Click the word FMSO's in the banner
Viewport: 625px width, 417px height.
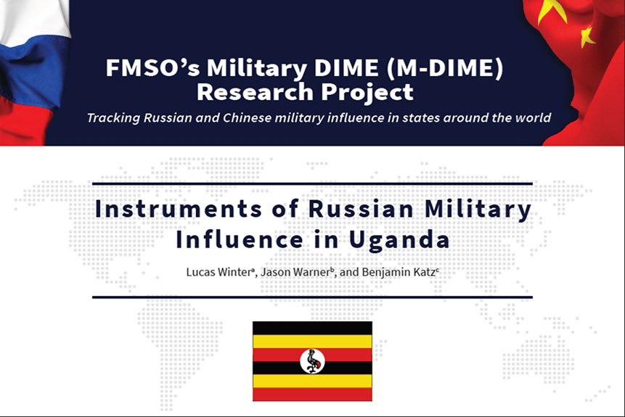152,67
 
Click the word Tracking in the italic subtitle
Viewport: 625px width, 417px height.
113,118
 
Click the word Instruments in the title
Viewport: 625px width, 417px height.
179,209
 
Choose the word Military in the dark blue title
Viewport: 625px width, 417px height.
478,210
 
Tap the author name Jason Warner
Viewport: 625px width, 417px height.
297,273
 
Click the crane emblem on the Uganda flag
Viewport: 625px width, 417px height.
312,361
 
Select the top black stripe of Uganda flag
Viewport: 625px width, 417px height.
312,329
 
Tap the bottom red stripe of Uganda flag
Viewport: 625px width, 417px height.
312,395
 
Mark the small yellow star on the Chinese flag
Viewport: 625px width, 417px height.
587,37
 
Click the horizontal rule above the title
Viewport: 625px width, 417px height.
312,183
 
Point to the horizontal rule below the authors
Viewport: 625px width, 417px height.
312,297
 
